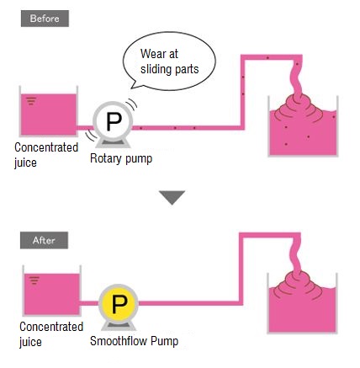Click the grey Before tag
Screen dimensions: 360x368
(x=45, y=19)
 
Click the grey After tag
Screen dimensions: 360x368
(x=44, y=240)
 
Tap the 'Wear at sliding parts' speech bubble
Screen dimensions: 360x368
(x=169, y=61)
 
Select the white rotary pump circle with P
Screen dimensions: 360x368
(x=114, y=121)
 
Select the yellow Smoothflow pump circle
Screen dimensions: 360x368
(x=119, y=304)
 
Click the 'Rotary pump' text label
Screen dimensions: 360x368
(x=121, y=158)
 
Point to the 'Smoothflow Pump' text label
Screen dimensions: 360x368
(x=134, y=341)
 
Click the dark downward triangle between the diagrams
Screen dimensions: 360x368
(x=172, y=197)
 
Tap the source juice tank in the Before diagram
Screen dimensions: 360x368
(x=49, y=111)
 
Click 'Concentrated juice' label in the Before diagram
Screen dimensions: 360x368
(x=46, y=155)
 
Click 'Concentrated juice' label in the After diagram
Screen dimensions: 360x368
(x=51, y=334)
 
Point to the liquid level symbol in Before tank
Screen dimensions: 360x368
(x=31, y=101)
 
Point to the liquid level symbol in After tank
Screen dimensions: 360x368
(x=34, y=280)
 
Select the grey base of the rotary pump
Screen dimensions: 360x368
(x=113, y=143)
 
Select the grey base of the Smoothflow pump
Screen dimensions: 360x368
(x=119, y=326)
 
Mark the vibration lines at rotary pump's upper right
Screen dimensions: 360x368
(x=131, y=104)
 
